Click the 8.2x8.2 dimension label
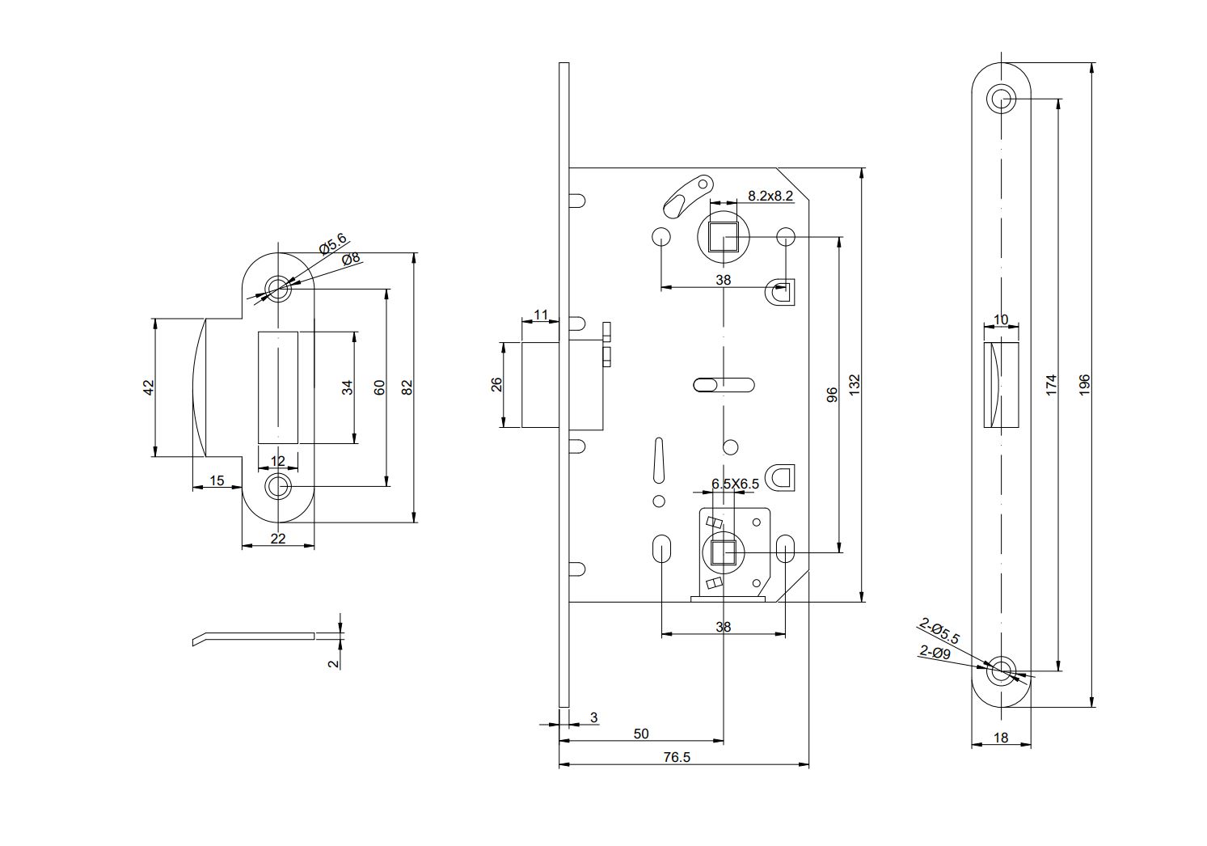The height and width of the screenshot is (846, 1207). [x=770, y=196]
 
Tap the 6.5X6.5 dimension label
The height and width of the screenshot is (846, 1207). [x=735, y=484]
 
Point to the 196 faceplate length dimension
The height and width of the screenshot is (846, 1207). [x=1085, y=383]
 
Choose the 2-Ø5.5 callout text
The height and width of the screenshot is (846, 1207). [x=939, y=631]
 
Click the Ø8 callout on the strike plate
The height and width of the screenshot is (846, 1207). [x=351, y=259]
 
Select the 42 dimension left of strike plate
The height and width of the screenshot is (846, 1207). [x=148, y=387]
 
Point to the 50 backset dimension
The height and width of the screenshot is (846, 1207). [x=641, y=734]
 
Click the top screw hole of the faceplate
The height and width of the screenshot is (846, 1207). [x=1002, y=99]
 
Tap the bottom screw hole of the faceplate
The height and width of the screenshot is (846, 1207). [x=1002, y=670]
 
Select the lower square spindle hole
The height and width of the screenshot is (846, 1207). [x=724, y=553]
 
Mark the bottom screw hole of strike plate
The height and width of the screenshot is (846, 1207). [x=278, y=487]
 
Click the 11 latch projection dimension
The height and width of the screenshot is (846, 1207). [x=541, y=315]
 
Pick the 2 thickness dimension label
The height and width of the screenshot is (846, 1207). [x=332, y=663]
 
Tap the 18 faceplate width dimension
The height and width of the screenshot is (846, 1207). [x=1001, y=738]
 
